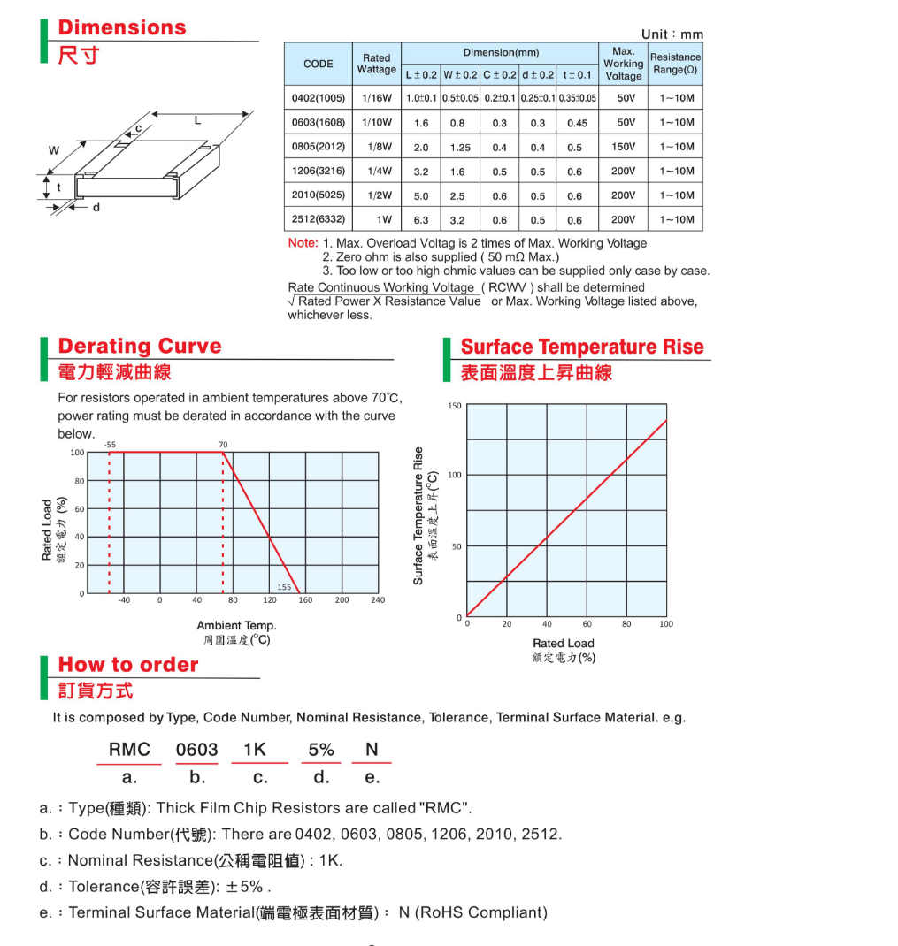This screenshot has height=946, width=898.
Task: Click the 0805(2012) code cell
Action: point(319,147)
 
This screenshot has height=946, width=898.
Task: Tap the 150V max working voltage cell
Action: point(623,147)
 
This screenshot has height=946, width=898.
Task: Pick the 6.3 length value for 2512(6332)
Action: point(421,220)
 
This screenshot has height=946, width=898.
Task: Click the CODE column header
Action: point(319,64)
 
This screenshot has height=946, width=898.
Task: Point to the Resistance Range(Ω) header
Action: point(676,64)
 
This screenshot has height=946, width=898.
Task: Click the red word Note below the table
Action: point(303,243)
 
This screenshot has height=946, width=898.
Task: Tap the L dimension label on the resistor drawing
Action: point(197,121)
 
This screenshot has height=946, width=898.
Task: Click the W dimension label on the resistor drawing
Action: point(53,151)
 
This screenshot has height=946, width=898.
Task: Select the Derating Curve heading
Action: point(140,346)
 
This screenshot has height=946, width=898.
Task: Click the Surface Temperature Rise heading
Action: point(582,347)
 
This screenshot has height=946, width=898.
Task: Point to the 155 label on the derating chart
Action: point(284,586)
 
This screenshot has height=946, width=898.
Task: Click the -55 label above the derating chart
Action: point(109,444)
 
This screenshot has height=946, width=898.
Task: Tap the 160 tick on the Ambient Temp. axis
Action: point(305,600)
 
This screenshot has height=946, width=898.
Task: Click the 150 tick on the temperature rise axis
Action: point(454,406)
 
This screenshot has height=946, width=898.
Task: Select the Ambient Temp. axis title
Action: point(236,625)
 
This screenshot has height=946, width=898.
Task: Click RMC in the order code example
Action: point(129,750)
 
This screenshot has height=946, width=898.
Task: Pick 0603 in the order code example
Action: point(196,750)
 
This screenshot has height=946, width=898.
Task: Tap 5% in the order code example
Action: point(321,750)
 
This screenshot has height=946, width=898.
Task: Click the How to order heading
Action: point(128,665)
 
